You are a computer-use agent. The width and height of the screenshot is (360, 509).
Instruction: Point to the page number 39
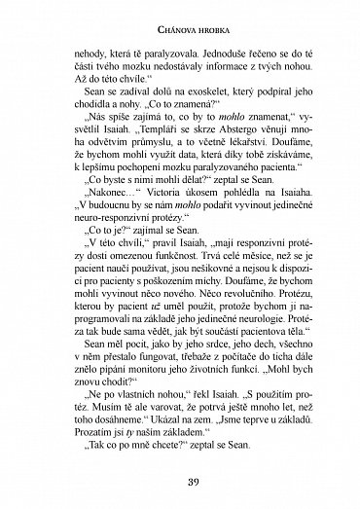click(180, 481)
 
